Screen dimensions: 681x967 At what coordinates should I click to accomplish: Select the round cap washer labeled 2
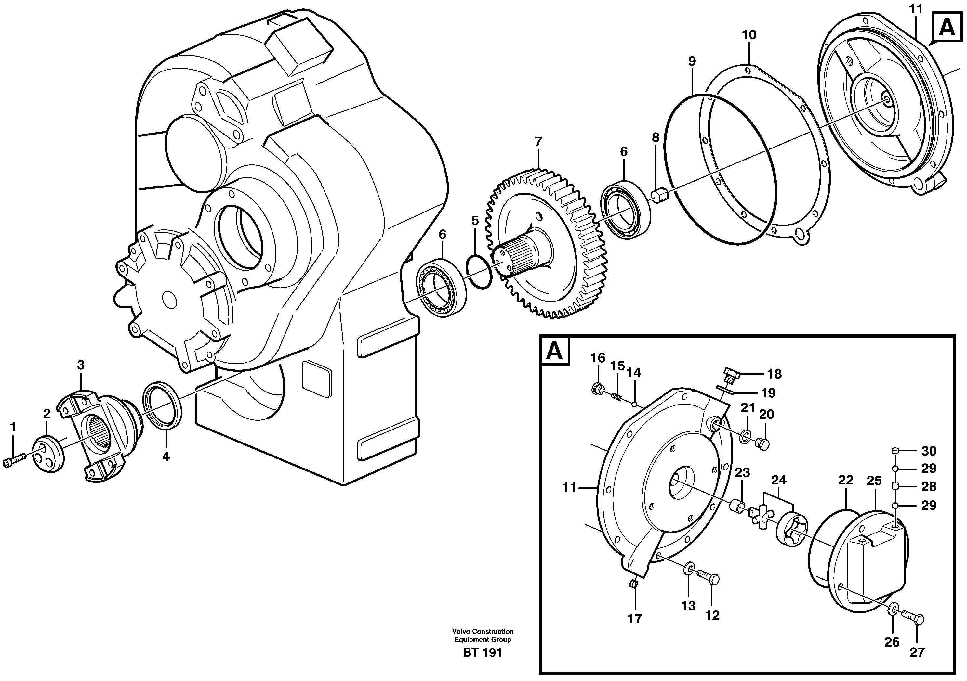tap(48, 454)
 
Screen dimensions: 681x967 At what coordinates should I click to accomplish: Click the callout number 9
tap(692, 61)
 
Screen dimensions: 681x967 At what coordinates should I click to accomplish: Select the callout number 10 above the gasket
tap(749, 35)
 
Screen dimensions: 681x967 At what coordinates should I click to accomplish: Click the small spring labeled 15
tap(617, 396)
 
